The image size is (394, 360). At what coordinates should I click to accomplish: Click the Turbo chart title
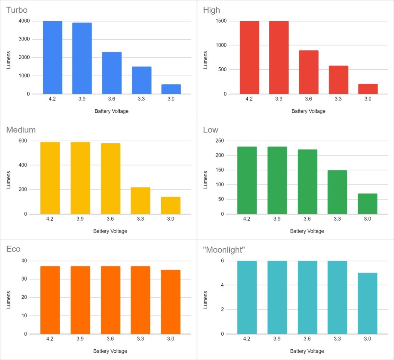(17, 10)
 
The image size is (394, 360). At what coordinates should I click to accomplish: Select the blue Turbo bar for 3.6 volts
(112, 73)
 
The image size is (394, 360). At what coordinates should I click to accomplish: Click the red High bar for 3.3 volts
(339, 80)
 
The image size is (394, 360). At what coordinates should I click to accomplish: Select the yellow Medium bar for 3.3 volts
(140, 201)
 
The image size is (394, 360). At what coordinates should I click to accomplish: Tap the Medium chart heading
(21, 130)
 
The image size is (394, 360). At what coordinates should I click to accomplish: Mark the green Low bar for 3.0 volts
(367, 204)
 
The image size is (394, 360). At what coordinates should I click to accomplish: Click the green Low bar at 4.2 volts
(247, 180)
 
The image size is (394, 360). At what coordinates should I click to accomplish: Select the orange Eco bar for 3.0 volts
(170, 302)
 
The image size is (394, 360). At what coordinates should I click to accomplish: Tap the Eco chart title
(13, 249)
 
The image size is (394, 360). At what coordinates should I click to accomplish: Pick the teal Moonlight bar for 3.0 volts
(367, 303)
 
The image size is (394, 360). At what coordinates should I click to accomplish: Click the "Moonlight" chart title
(224, 250)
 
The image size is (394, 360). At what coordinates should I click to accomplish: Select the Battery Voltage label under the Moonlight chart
(307, 351)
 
